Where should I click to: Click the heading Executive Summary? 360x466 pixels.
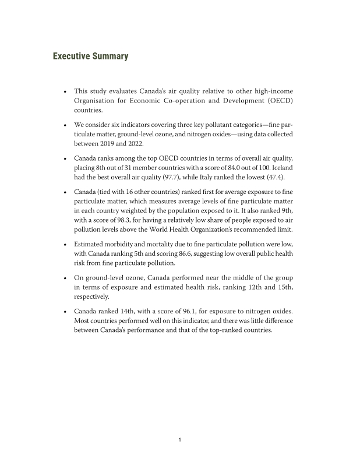90,57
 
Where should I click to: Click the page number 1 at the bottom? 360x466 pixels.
180,440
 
